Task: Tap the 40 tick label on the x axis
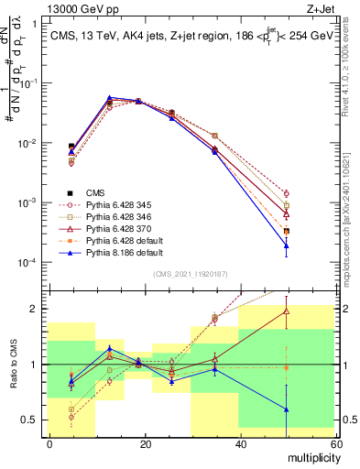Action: [x=241, y=444]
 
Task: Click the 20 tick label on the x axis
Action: [x=145, y=444]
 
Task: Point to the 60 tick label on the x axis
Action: [x=336, y=444]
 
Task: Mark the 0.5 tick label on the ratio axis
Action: [x=30, y=420]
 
